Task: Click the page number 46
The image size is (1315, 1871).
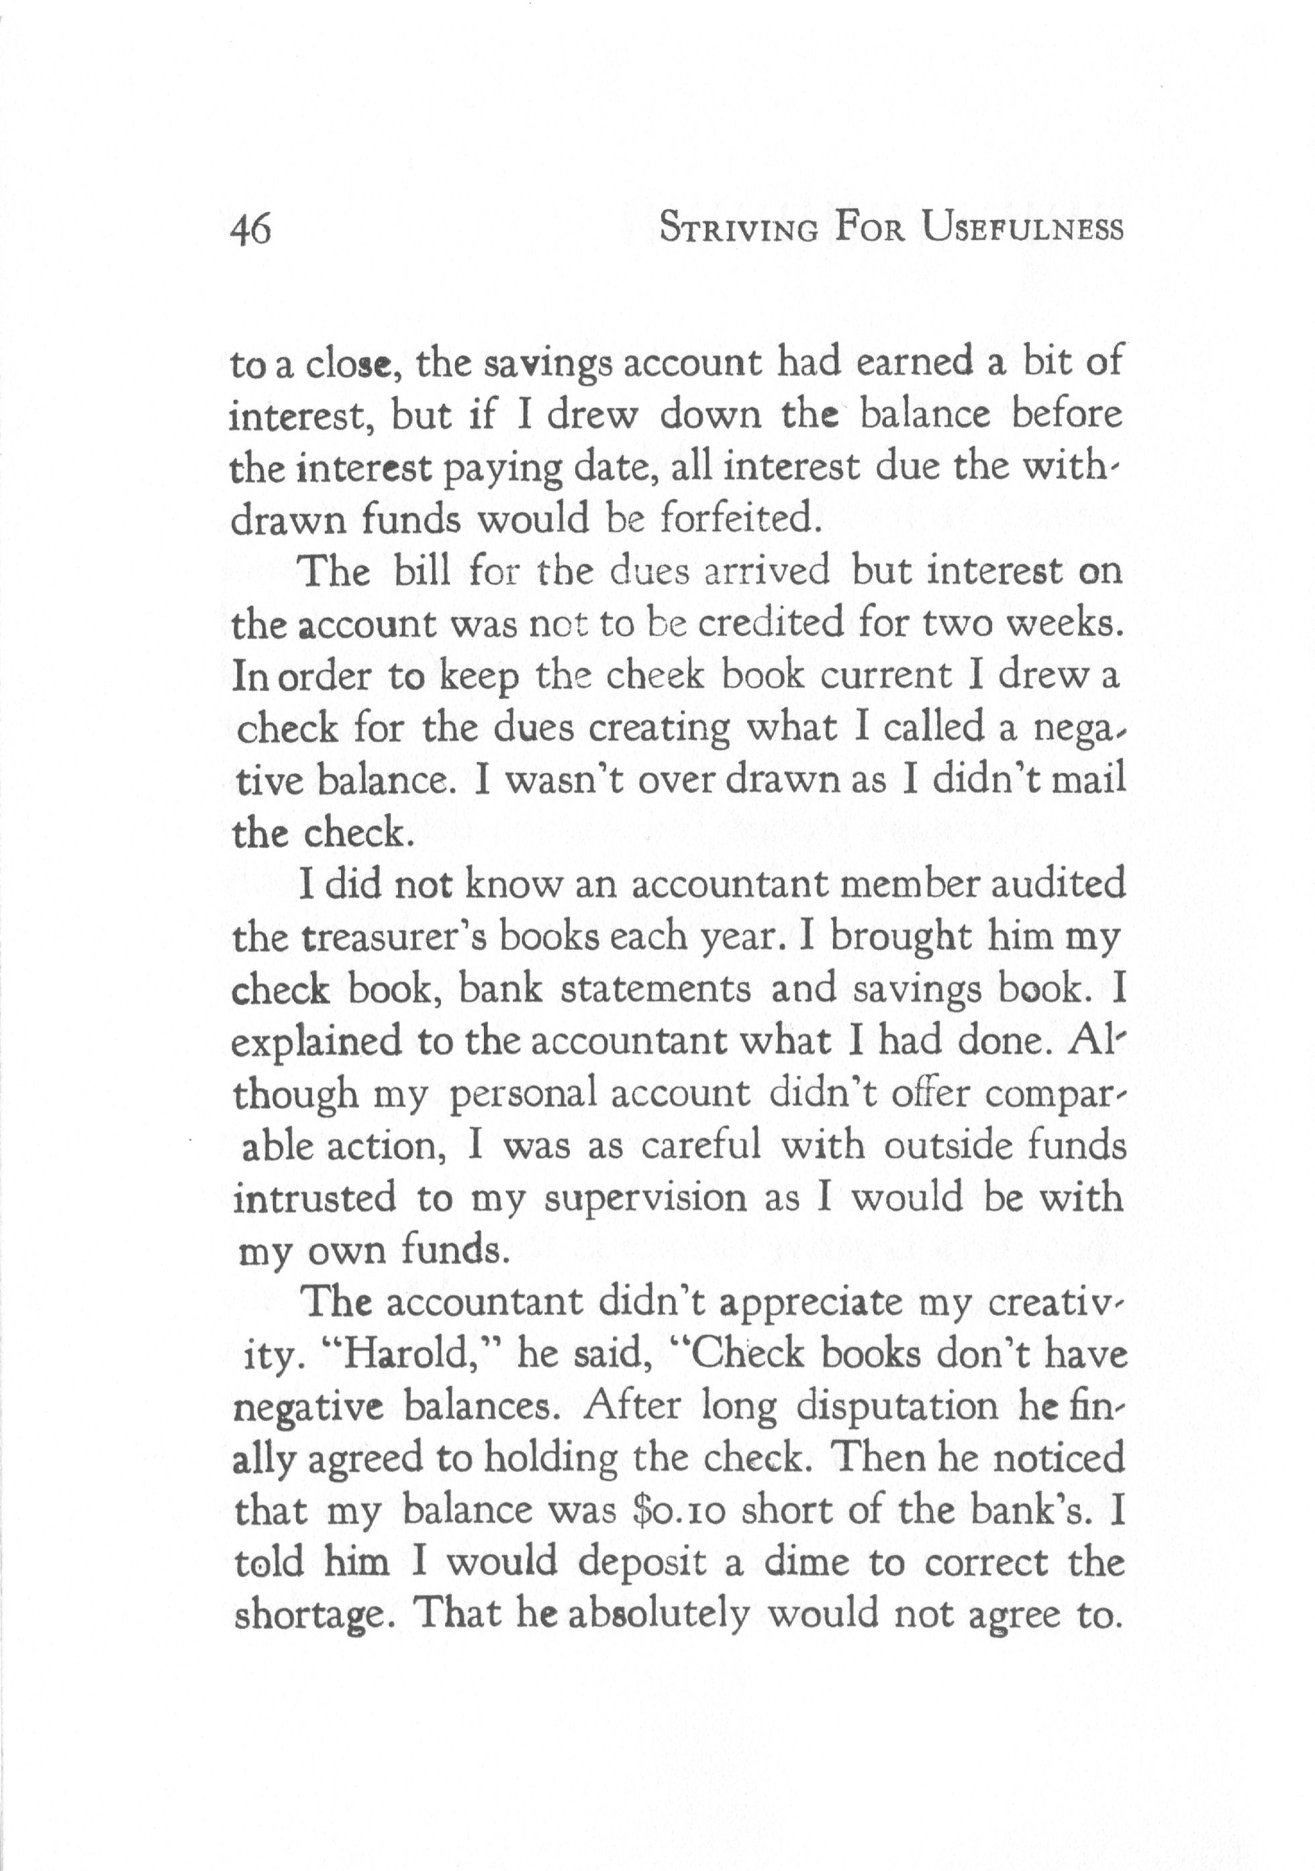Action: point(250,230)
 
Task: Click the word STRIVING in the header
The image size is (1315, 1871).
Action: point(738,228)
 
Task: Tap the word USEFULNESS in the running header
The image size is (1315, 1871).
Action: point(1023,227)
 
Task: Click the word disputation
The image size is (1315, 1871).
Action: point(896,1407)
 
